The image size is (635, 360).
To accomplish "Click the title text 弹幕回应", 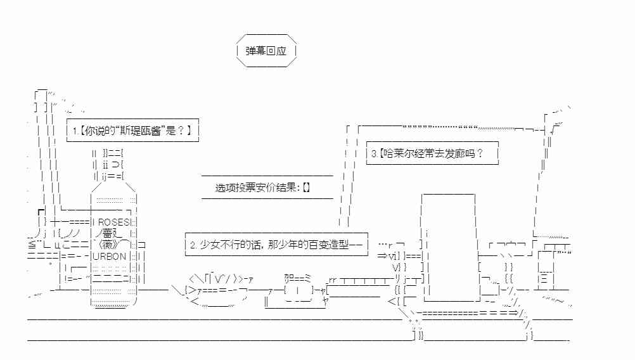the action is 266,51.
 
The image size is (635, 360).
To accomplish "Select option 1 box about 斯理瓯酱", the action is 132,131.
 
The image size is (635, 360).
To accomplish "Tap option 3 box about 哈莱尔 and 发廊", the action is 432,153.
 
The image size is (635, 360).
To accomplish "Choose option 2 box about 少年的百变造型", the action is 276,244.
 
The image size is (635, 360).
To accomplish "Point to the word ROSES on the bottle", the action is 114,222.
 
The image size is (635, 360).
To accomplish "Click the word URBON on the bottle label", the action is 110,256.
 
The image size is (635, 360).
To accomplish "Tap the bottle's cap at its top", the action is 108,164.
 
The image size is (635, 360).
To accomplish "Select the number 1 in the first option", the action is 75,131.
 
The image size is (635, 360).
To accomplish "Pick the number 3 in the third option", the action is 374,154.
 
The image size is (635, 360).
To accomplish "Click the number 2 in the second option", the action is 193,245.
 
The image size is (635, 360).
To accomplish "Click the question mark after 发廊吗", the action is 480,153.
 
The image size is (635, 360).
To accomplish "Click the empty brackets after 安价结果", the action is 306,188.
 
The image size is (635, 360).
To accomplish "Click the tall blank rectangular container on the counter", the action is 448,248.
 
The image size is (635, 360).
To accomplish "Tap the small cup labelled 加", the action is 298,290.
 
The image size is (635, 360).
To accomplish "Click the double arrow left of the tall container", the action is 382,255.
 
